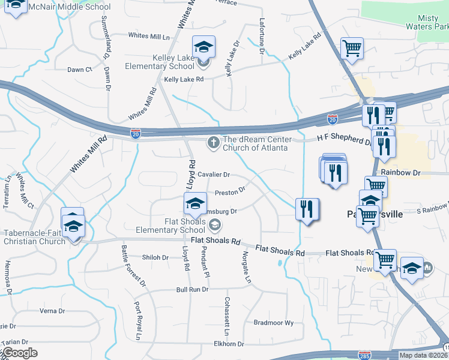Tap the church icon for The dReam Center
(212, 143)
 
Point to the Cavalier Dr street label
(214, 175)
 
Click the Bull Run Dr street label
(192, 289)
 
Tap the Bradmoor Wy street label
(274, 322)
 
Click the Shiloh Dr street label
(155, 257)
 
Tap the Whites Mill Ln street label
(149, 36)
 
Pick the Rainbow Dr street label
(400, 173)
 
